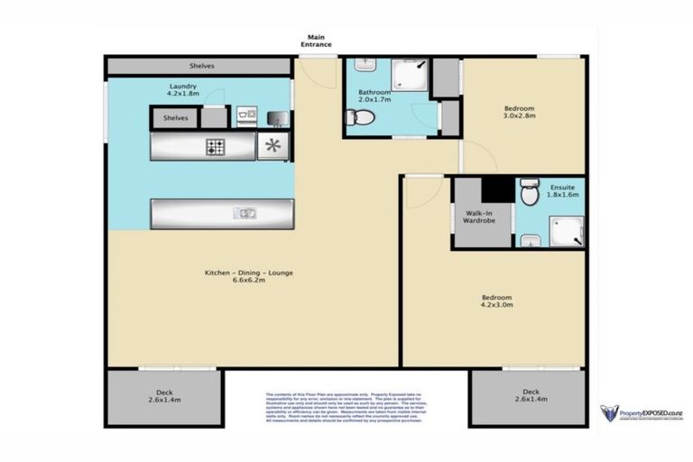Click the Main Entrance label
coord(316,40)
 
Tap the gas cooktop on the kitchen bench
coord(216,146)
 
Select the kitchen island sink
coord(245,214)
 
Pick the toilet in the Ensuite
coord(530,192)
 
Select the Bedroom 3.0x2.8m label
coord(519,112)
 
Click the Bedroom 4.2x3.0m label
coord(495,301)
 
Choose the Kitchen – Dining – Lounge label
coord(247,276)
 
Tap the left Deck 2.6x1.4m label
coord(164,394)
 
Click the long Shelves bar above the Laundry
coord(200,66)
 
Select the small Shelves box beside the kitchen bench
coord(176,117)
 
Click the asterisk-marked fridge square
coord(273,145)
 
